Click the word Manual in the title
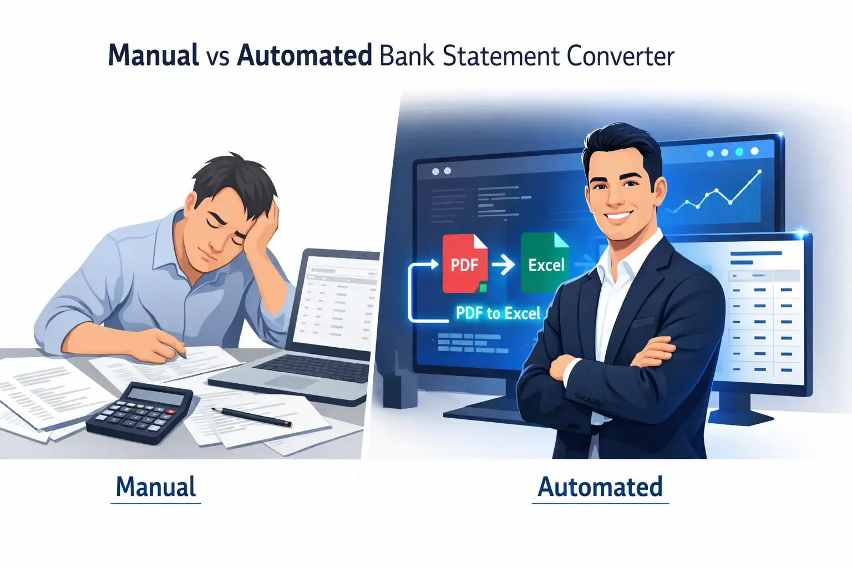point(153,55)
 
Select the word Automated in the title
point(304,55)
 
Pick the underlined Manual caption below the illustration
point(155,487)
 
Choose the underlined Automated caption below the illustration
point(600,487)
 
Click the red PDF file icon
point(464,263)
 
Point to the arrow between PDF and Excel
point(504,265)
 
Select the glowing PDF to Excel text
point(498,313)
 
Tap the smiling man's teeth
point(619,215)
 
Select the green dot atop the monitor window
point(739,152)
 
